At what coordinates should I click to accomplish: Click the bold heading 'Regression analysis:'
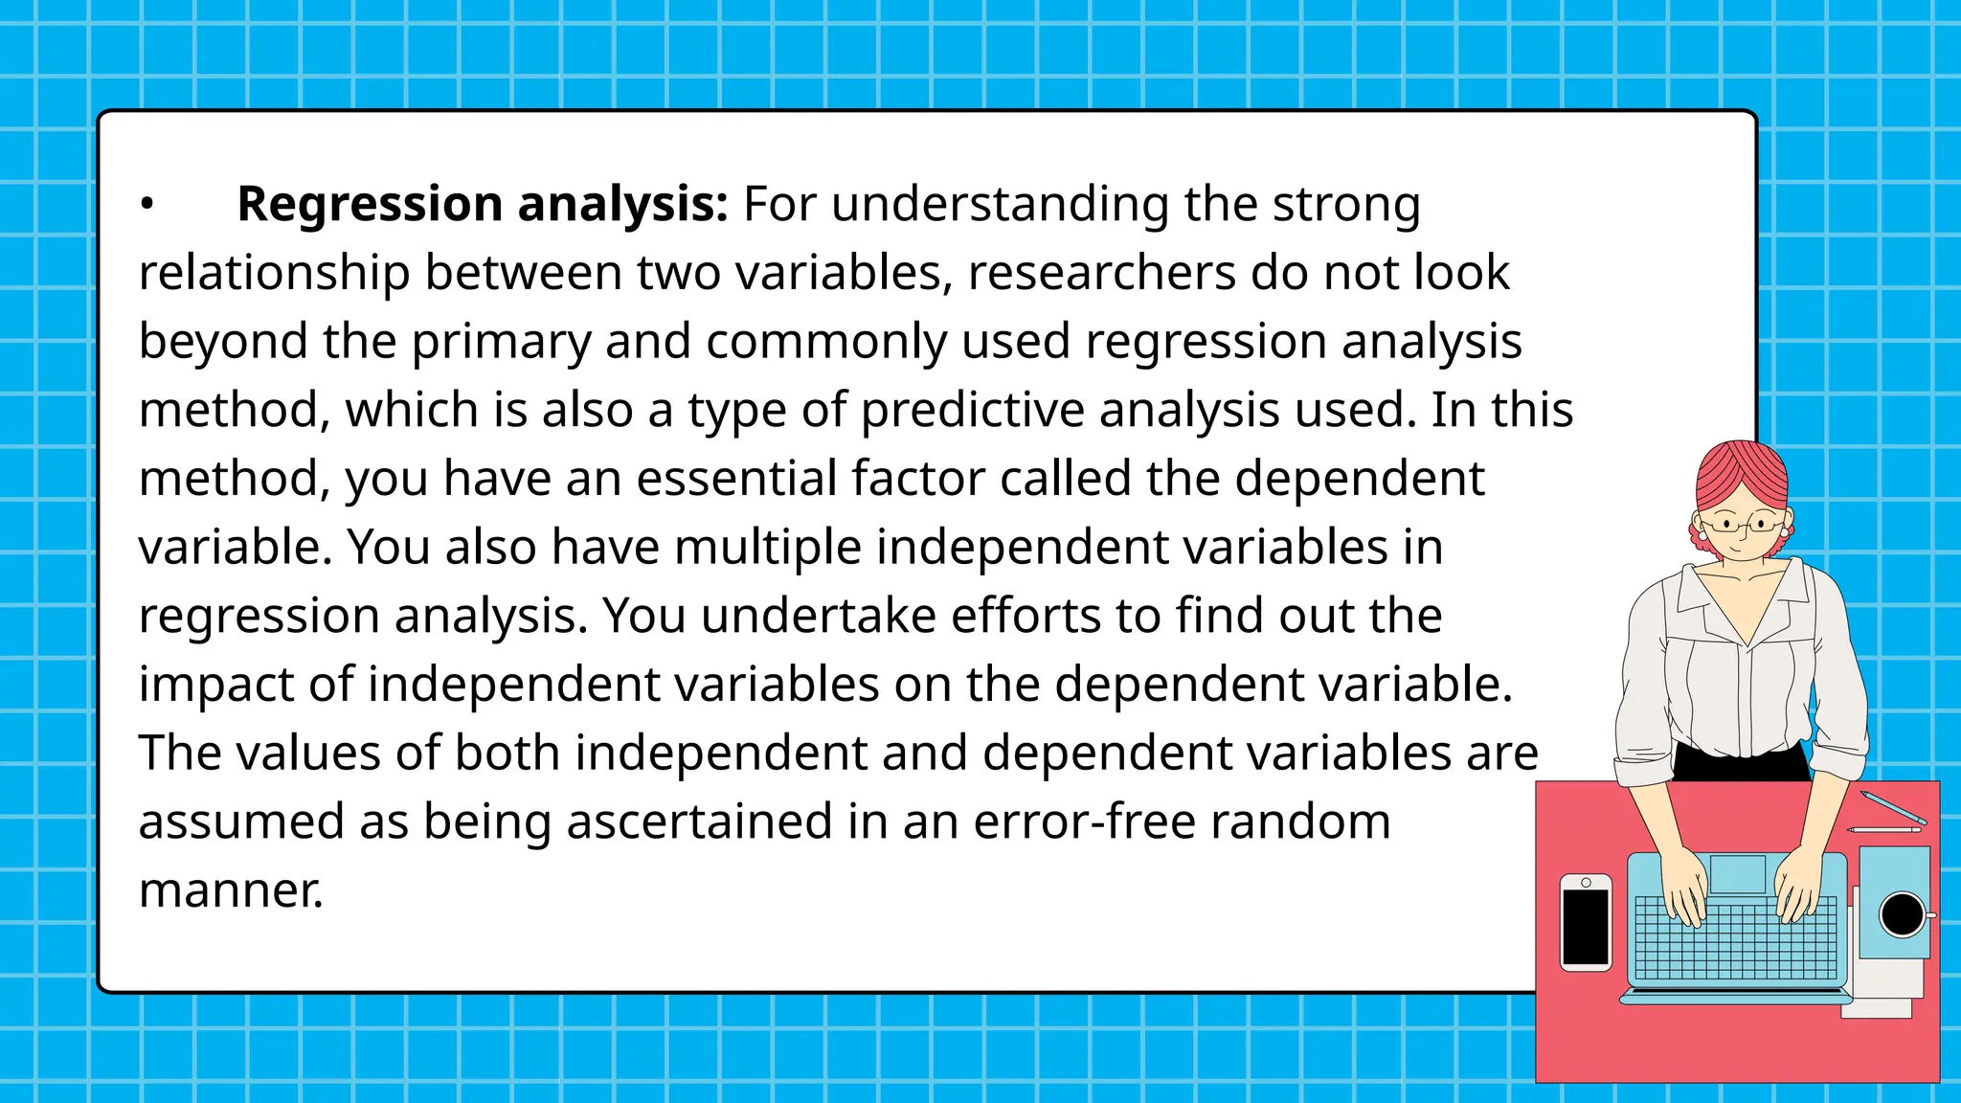pyautogui.click(x=483, y=204)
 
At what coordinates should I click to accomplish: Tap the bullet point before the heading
pyautogui.click(x=147, y=204)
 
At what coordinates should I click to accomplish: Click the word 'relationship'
pyautogui.click(x=274, y=273)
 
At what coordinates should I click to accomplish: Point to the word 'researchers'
pyautogui.click(x=1101, y=273)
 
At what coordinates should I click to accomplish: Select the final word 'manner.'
pyautogui.click(x=231, y=890)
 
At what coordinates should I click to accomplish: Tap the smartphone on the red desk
pyautogui.click(x=1586, y=922)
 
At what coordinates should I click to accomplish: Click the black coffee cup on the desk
pyautogui.click(x=1902, y=914)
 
